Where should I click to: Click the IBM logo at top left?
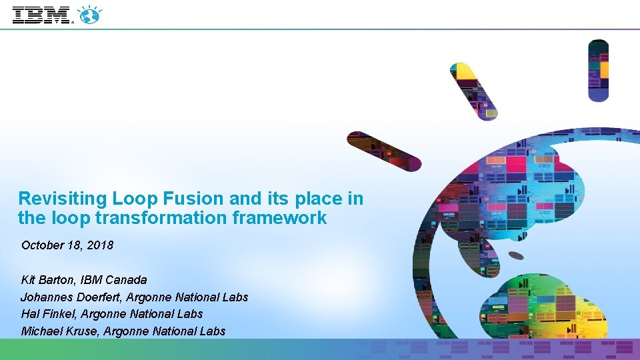click(x=41, y=15)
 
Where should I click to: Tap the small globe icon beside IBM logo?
click(x=89, y=15)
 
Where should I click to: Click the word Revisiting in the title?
click(x=63, y=198)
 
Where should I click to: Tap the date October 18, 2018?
click(x=67, y=245)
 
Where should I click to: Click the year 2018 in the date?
click(x=100, y=245)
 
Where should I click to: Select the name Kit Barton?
click(x=49, y=279)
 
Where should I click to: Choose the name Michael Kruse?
click(x=56, y=331)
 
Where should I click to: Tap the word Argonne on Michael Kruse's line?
click(x=125, y=331)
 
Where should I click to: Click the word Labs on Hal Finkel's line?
click(x=190, y=314)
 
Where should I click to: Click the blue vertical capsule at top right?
click(x=598, y=70)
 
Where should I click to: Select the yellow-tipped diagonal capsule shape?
click(x=474, y=91)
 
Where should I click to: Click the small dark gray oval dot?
click(x=516, y=255)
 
